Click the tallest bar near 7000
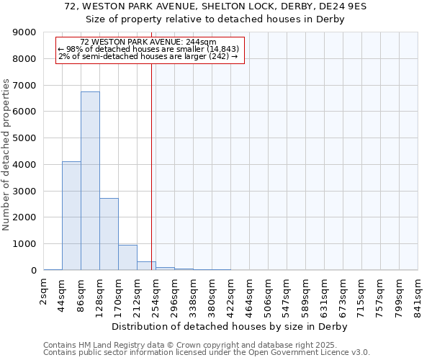point(90,181)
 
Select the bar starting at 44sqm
point(71,216)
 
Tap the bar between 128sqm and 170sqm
point(109,234)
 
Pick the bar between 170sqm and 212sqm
point(127,258)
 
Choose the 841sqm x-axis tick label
point(418,294)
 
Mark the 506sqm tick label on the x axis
point(269,294)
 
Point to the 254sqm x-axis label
point(156,294)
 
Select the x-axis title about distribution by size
point(230,326)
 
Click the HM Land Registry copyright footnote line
point(201,345)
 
